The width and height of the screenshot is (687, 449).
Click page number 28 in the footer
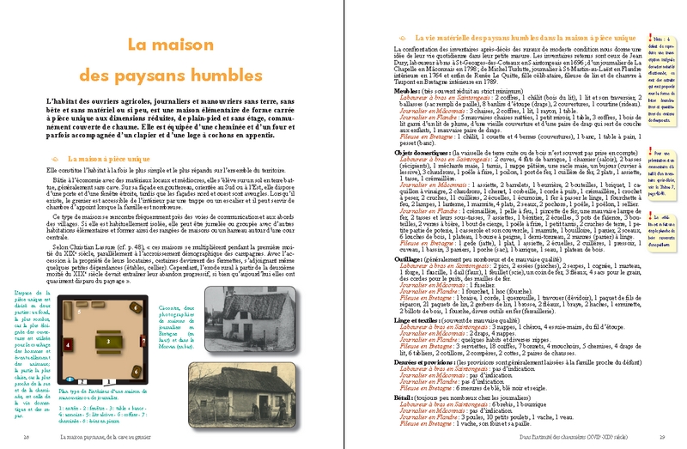coord(27,437)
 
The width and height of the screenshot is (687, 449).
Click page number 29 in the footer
coord(661,437)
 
